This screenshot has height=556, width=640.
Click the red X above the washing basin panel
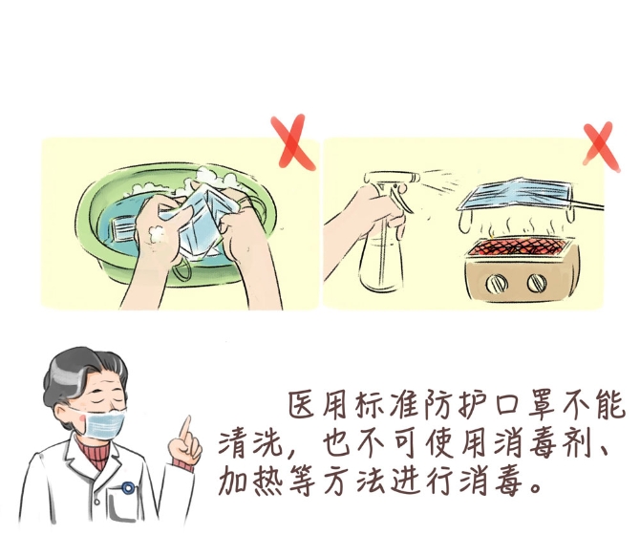tap(292, 141)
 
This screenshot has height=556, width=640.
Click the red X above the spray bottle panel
tap(601, 145)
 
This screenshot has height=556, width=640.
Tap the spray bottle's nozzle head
tap(393, 179)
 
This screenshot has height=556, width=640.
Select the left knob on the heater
tap(497, 283)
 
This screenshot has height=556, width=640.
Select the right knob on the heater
tap(536, 282)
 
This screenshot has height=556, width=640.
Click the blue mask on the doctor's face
tap(104, 423)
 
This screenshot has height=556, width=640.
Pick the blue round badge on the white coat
tap(128, 487)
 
